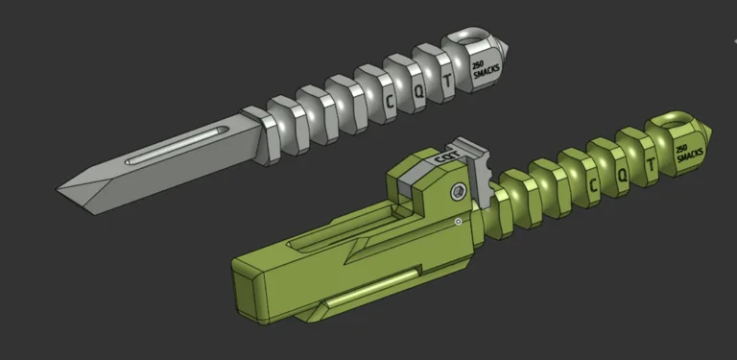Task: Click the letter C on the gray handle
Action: [x=391, y=99]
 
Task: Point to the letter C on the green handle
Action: [x=594, y=184]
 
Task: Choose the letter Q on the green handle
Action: [x=623, y=176]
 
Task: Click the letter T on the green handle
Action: [x=651, y=167]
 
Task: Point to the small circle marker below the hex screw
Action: [x=459, y=222]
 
